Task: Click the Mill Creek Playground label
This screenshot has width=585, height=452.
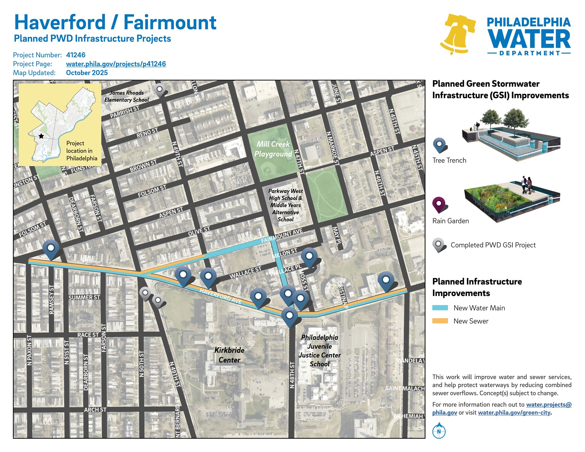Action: pyautogui.click(x=273, y=149)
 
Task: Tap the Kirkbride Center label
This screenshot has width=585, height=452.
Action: pyautogui.click(x=229, y=355)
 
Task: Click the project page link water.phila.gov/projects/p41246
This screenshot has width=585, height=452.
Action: pyautogui.click(x=116, y=64)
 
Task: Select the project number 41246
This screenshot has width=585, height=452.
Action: pyautogui.click(x=76, y=55)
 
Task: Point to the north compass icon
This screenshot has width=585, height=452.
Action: pyautogui.click(x=439, y=431)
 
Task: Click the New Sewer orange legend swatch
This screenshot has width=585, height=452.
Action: pyautogui.click(x=440, y=321)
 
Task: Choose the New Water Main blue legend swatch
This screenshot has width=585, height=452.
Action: pyautogui.click(x=440, y=308)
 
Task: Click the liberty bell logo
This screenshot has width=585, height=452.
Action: pyautogui.click(x=458, y=34)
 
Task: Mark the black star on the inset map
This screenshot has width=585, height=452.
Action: pyautogui.click(x=41, y=136)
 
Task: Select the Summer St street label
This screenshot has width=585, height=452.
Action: pyautogui.click(x=84, y=298)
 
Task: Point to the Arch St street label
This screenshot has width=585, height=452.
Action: pyautogui.click(x=95, y=410)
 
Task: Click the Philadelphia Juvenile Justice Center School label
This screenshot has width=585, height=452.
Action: pyautogui.click(x=320, y=351)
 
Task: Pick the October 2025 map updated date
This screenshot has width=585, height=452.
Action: pyautogui.click(x=87, y=73)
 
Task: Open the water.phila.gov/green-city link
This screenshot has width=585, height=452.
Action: pyautogui.click(x=514, y=413)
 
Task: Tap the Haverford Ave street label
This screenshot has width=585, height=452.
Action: pyautogui.click(x=220, y=296)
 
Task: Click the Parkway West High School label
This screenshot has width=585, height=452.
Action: pyautogui.click(x=285, y=205)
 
